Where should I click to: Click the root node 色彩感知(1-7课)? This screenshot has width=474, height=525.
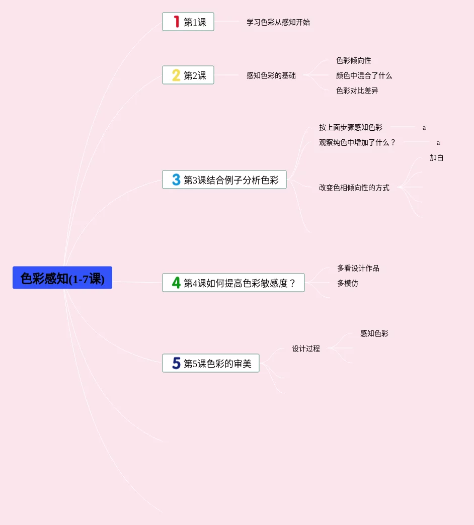coord(62,278)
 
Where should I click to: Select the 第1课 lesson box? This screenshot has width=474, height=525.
coord(188,22)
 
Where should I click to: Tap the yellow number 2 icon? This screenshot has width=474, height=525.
coord(176,75)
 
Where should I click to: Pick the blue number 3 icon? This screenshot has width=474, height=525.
coord(176,180)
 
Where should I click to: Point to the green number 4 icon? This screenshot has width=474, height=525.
coord(176,283)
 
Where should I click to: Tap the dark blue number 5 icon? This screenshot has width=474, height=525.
coord(176,363)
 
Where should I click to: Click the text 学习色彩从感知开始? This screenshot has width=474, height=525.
coord(278,22)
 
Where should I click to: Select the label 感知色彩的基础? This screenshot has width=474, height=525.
coord(271,75)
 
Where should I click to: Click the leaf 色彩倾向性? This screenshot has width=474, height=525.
coord(354,60)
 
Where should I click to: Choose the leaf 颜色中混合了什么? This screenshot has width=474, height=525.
coord(364,75)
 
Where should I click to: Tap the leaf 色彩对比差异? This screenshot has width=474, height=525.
coord(357,91)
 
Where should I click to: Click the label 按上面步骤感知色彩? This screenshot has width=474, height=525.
coord(351,127)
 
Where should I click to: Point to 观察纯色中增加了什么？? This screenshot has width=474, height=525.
coord(358,142)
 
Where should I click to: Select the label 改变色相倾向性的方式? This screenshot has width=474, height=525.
coord(354,188)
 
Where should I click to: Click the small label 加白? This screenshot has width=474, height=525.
coord(436,158)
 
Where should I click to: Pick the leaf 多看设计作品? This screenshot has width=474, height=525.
coord(358,268)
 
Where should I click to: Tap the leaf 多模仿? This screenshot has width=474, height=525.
coord(348,283)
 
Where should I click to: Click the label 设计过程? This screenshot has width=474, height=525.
coord(306,348)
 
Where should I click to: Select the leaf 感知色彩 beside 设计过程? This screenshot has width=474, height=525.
coord(374,333)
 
